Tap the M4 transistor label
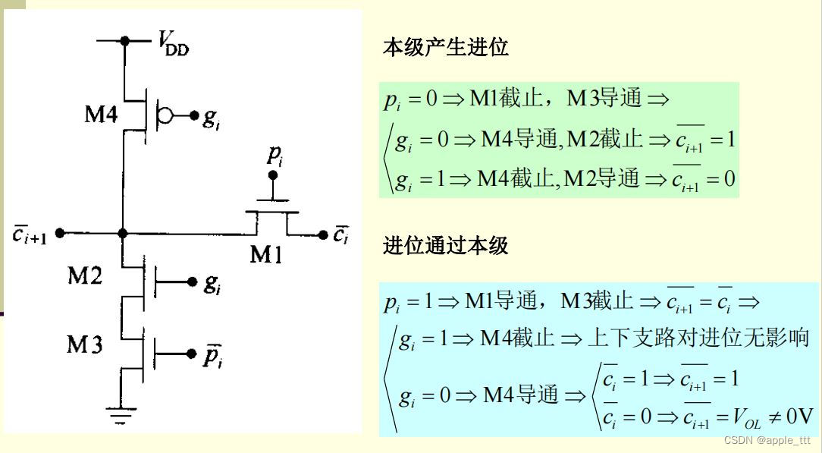point(100,116)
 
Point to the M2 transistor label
point(85,276)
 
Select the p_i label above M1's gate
point(275,155)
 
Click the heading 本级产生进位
point(445,48)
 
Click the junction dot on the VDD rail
point(127,40)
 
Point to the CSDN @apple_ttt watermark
point(767,440)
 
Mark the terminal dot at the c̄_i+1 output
point(61,233)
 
